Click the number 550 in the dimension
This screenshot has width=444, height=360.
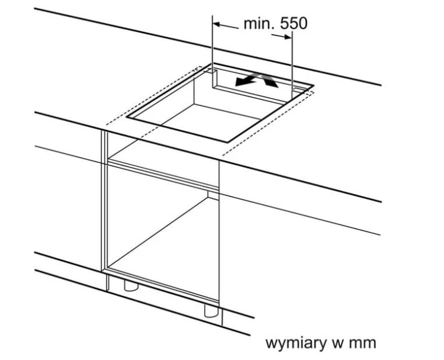coord(294,24)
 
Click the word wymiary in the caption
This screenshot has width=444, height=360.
coord(296,343)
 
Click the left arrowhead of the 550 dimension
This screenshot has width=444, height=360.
coord(217,24)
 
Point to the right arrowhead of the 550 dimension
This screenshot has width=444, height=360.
coord(288,37)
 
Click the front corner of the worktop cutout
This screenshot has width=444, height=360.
coord(228,142)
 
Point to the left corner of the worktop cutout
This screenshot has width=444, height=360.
coord(127,117)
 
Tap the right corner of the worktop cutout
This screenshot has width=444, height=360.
coord(313,85)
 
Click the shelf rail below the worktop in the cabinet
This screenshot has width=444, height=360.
coord(163,174)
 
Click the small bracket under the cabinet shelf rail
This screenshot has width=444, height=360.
coord(213,194)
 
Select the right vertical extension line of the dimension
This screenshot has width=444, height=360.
coord(292,65)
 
